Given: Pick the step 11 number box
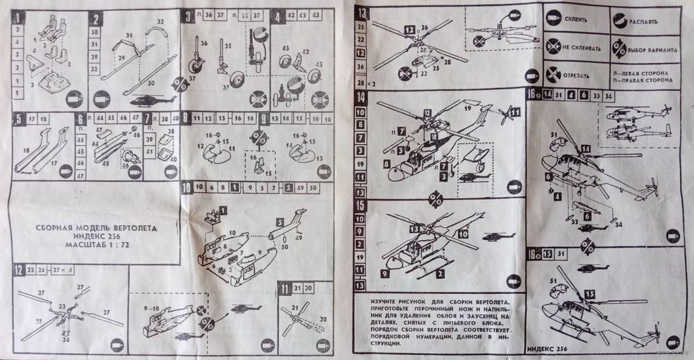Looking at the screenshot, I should [x=285, y=286].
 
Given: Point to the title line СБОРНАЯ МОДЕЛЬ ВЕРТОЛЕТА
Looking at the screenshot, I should [x=97, y=227].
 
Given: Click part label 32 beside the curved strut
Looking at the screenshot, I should [x=160, y=23].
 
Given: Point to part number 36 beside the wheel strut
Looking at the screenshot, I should [x=203, y=43].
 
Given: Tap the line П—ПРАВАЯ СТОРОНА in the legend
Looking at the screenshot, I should [x=643, y=80].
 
